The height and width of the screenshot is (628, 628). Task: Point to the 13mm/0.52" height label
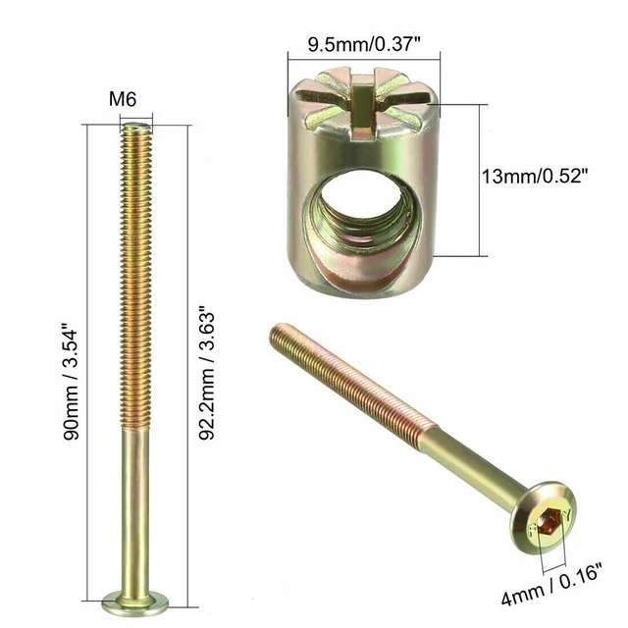point(535,176)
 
